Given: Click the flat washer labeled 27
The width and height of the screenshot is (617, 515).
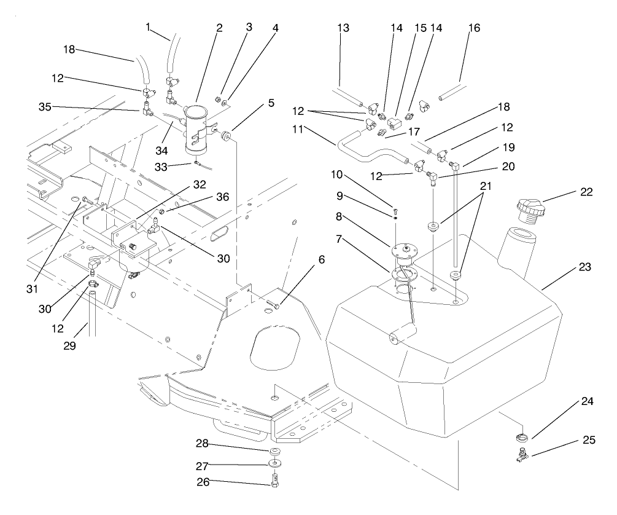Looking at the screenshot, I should tap(274, 465).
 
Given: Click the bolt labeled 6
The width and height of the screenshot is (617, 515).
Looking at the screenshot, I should tap(275, 304).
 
